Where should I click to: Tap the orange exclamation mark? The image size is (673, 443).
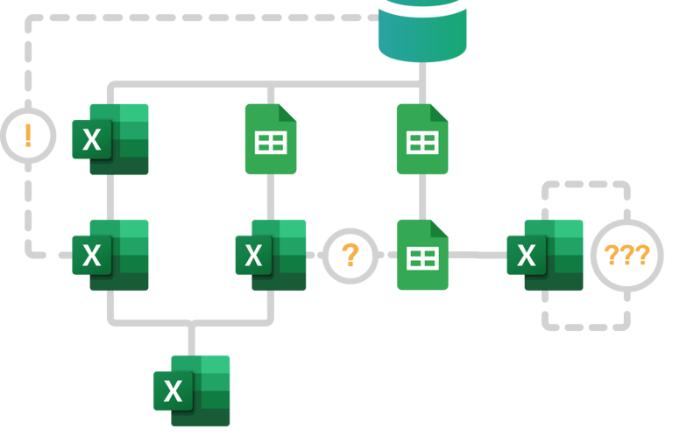(x=27, y=136)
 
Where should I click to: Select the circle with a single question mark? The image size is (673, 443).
(x=350, y=256)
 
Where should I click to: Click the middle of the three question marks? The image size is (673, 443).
(x=627, y=256)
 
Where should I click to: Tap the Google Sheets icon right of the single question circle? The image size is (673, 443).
(x=422, y=256)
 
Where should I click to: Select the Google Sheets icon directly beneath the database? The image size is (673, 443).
(x=422, y=140)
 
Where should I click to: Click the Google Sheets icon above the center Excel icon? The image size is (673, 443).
(x=270, y=140)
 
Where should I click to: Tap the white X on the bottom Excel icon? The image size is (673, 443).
(x=174, y=391)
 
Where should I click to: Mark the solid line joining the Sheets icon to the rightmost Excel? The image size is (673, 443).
(x=478, y=255)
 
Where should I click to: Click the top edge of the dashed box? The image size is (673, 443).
(x=585, y=185)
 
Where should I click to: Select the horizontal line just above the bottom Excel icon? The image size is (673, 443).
(x=191, y=322)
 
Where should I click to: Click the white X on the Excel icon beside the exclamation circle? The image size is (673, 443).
(x=91, y=140)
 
